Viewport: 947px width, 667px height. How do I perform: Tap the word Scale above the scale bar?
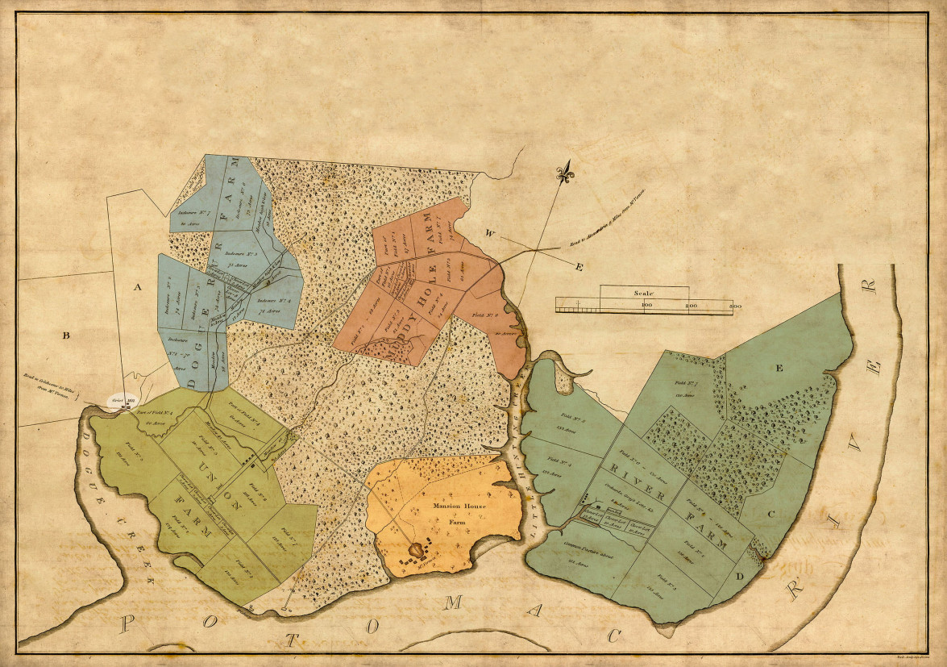coord(644,294)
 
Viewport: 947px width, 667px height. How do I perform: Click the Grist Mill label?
coord(121,400)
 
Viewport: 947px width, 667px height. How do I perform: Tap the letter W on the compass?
coord(488,234)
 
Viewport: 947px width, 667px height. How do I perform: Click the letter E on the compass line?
coord(579,267)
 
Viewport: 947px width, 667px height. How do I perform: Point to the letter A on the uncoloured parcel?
coord(137,287)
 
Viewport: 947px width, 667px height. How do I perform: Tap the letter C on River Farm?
coord(770,513)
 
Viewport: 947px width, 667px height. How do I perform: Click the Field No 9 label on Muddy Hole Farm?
coord(483,316)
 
